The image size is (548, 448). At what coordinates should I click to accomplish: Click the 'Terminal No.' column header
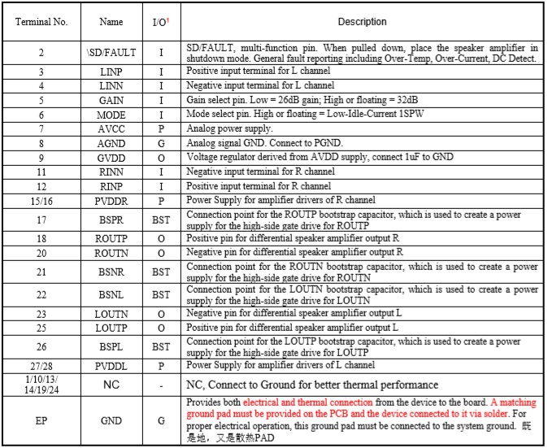click(x=41, y=21)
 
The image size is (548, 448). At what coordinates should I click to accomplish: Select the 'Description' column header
click(x=362, y=22)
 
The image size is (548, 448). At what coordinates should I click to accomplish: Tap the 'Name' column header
click(x=111, y=22)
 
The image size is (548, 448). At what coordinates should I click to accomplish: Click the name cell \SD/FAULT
click(x=111, y=53)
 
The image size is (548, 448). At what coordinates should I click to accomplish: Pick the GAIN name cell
click(x=111, y=100)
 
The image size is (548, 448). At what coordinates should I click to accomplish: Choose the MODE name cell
click(x=111, y=115)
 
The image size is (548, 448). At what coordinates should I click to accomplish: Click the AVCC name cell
click(x=111, y=129)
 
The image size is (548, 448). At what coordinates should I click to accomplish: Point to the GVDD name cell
click(x=111, y=158)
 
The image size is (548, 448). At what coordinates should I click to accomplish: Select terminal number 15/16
click(x=41, y=200)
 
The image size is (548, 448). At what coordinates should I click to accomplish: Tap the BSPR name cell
click(x=111, y=219)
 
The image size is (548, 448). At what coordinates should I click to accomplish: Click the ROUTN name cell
click(x=111, y=253)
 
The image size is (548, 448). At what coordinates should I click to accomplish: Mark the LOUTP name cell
click(x=111, y=327)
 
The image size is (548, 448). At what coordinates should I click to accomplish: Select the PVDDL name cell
click(x=111, y=366)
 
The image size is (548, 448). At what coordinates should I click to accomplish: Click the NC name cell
click(x=111, y=384)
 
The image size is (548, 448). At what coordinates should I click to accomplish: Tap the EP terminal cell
click(x=41, y=420)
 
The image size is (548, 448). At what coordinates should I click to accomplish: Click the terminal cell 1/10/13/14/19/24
click(x=41, y=384)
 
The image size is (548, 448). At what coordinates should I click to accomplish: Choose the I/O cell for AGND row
click(x=161, y=143)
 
